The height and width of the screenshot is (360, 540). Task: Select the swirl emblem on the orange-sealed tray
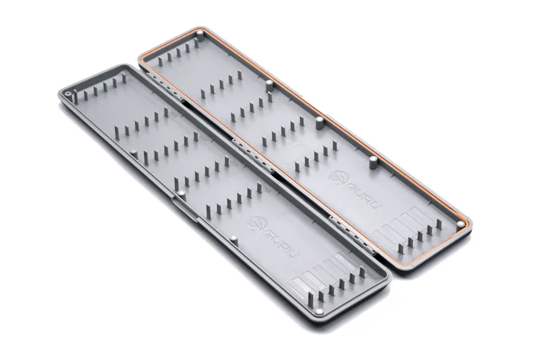335,177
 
